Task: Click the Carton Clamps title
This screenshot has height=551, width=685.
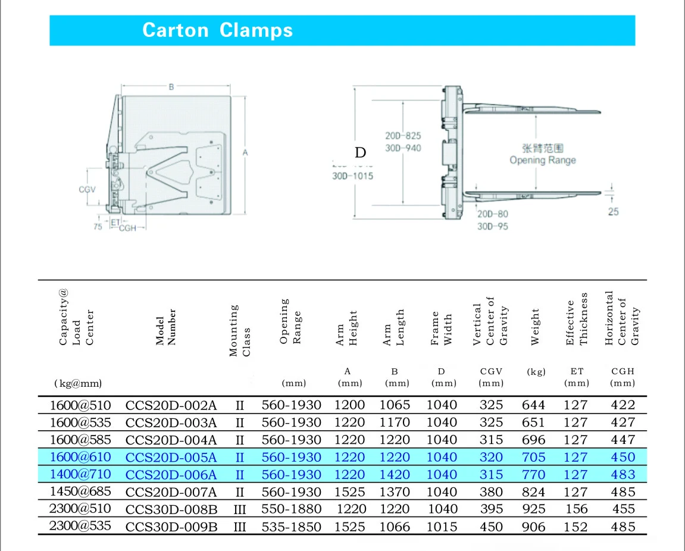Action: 218,30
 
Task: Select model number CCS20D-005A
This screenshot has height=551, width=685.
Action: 171,457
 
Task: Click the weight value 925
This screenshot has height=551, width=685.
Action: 533,509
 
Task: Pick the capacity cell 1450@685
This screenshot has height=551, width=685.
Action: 80,492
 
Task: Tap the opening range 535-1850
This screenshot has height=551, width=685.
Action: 292,527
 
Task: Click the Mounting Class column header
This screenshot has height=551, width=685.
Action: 240,331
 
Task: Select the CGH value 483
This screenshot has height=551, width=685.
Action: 623,475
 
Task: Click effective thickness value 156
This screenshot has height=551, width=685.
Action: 576,509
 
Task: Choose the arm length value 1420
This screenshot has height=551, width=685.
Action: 395,475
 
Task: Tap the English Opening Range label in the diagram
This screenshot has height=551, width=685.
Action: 542,160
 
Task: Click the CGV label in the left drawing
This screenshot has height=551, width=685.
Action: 87,190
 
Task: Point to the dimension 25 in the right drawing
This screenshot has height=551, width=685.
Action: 613,211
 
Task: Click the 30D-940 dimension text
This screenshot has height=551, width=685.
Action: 403,148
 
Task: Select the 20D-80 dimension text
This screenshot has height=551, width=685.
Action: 492,214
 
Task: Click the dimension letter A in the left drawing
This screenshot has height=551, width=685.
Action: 245,153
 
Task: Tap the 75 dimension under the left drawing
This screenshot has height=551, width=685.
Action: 98,227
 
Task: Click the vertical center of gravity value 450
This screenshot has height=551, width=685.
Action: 491,527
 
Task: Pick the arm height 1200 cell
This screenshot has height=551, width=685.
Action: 350,405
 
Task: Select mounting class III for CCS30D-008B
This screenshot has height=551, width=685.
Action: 240,509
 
